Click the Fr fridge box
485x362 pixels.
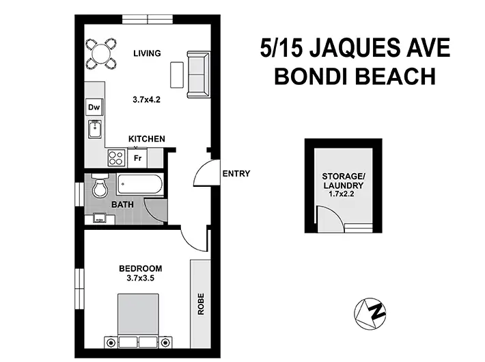[137, 158]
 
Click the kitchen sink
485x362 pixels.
[94, 129]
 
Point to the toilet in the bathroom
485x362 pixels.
[100, 186]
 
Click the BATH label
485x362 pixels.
[123, 204]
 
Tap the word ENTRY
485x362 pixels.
[236, 173]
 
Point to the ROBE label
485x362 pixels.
[201, 304]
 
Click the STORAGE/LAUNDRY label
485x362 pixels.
[344, 180]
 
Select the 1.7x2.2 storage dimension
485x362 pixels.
[344, 194]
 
